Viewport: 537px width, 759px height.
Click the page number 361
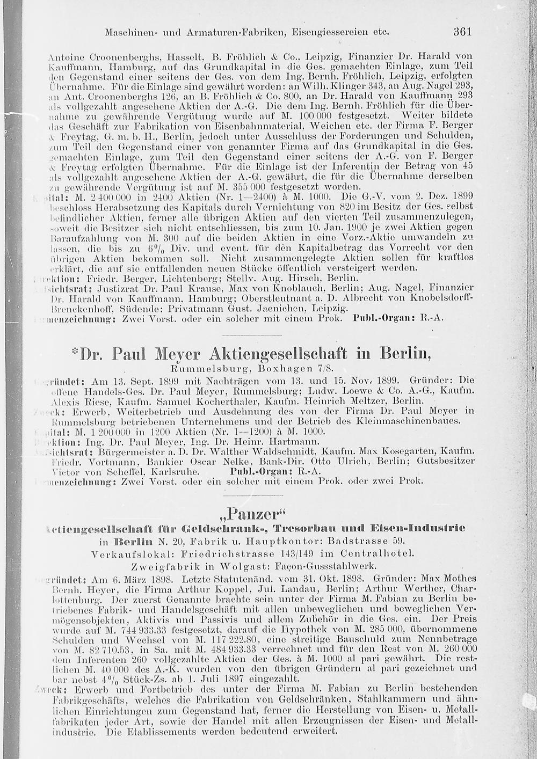pyautogui.click(x=462, y=31)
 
